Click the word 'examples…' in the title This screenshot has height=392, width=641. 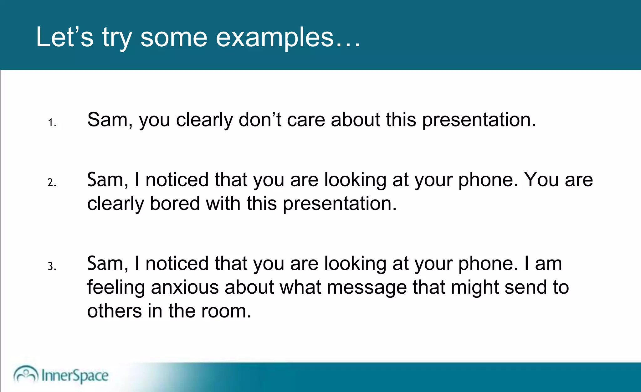tap(288, 38)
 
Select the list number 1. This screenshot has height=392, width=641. tap(52, 123)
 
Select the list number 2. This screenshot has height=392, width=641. tap(52, 183)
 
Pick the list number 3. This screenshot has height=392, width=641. tap(52, 266)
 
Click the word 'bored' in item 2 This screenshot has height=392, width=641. tap(175, 204)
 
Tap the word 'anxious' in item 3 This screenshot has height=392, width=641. tap(185, 287)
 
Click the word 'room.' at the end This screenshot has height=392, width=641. tap(226, 311)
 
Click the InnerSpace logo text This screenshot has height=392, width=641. tap(75, 375)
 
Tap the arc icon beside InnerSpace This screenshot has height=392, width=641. tap(26, 374)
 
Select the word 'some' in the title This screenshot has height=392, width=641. tap(174, 38)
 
